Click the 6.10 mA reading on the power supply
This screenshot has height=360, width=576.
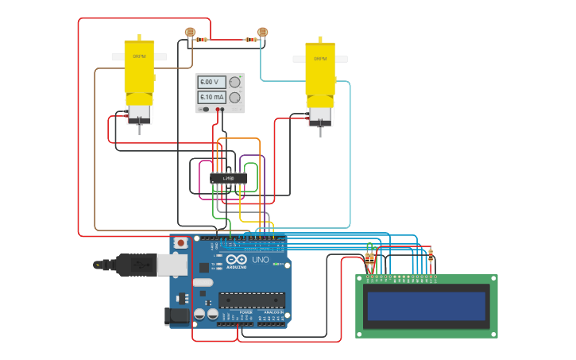pos(211,97)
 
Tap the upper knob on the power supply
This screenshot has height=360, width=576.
pos(234,82)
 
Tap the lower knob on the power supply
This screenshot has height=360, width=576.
pos(234,97)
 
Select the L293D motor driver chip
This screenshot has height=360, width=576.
pos(228,178)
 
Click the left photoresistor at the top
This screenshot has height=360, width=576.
pos(190,33)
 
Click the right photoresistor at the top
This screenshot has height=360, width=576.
pos(263,33)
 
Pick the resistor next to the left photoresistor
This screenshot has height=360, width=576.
pos(203,39)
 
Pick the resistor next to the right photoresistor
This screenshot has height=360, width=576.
pos(251,39)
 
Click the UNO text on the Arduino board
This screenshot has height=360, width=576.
pos(260,260)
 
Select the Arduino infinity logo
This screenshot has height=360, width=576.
pos(237,260)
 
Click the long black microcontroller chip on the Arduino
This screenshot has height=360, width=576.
pos(252,300)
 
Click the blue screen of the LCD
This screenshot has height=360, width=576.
pos(426,306)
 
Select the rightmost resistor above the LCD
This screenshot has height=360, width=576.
pos(431,256)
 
